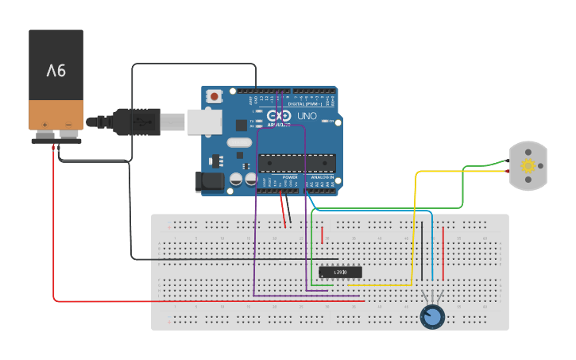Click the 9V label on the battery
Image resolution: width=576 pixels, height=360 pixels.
pyautogui.click(x=56, y=71)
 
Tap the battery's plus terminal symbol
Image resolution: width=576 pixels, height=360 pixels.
pyautogui.click(x=45, y=124)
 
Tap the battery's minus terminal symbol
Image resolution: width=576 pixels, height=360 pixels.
pyautogui.click(x=68, y=124)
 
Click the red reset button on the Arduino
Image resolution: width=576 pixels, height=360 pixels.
pyautogui.click(x=215, y=96)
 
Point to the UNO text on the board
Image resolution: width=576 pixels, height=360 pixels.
pyautogui.click(x=307, y=116)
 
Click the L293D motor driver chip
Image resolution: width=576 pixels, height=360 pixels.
pyautogui.click(x=339, y=272)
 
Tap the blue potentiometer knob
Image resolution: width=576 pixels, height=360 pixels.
pyautogui.click(x=432, y=317)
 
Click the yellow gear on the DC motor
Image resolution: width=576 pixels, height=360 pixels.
pyautogui.click(x=528, y=165)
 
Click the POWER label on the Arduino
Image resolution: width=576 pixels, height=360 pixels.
pyautogui.click(x=290, y=177)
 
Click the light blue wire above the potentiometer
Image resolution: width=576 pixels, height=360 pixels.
pyautogui.click(x=432, y=246)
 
